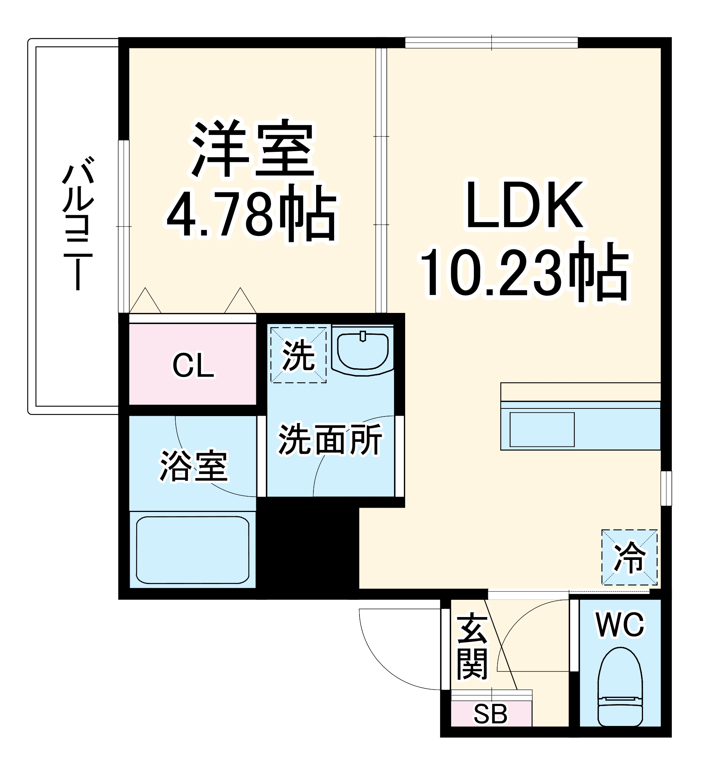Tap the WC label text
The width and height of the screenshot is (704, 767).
point(620,625)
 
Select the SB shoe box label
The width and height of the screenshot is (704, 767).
point(491,714)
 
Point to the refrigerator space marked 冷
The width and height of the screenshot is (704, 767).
point(629,558)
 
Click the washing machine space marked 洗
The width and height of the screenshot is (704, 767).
point(298,355)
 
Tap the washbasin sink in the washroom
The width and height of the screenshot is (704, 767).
point(363,351)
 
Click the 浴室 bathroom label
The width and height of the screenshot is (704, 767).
point(194,466)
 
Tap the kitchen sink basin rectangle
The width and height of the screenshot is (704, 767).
point(542,430)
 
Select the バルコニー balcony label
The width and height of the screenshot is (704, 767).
point(78,222)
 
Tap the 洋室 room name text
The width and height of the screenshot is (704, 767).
point(253,148)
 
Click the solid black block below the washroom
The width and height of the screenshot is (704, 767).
point(307,548)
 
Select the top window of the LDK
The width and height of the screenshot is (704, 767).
point(491,43)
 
